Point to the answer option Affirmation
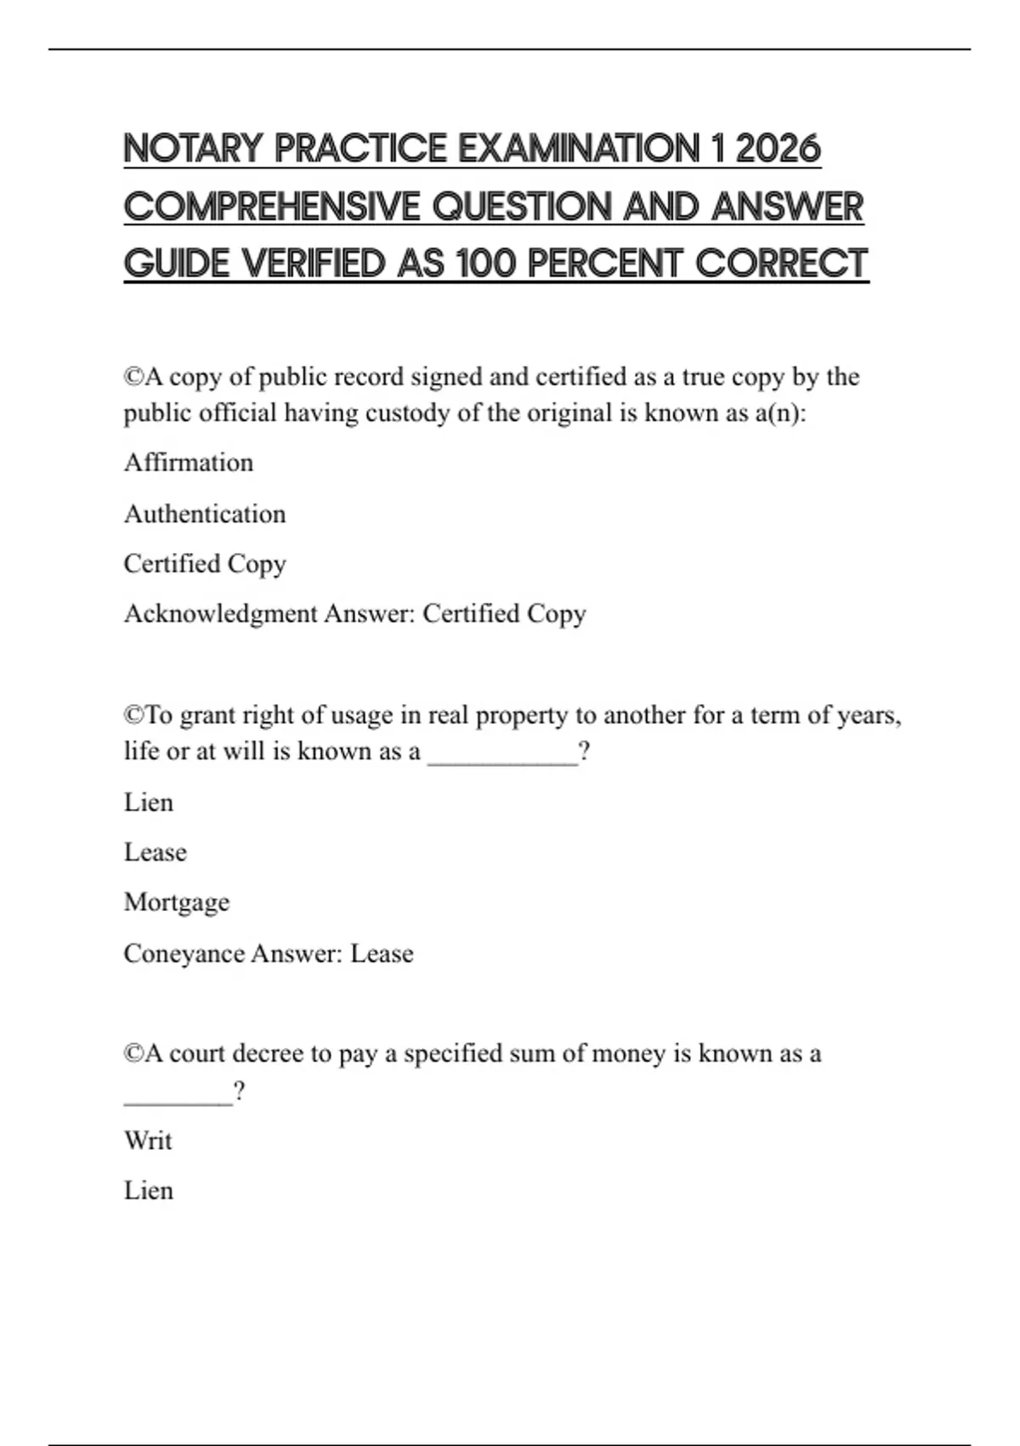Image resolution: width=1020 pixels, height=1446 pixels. click(x=189, y=463)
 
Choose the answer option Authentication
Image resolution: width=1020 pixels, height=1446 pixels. click(x=205, y=514)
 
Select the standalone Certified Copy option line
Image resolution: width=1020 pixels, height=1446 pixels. click(x=205, y=564)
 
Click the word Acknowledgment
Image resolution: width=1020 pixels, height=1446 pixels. click(x=220, y=614)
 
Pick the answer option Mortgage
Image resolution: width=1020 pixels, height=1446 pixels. click(x=177, y=902)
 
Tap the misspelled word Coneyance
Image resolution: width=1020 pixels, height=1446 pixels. click(x=184, y=954)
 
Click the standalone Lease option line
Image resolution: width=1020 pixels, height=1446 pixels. click(x=156, y=852)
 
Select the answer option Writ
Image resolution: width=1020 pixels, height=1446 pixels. click(x=148, y=1141)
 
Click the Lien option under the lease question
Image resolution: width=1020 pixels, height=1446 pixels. click(x=149, y=802)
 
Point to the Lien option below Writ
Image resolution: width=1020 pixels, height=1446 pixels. click(x=149, y=1191)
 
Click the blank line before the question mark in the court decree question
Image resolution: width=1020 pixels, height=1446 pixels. click(x=178, y=1098)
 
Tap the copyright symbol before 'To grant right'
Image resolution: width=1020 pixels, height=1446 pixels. click(x=133, y=715)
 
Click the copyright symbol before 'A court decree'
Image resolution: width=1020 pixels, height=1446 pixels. click(x=133, y=1054)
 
